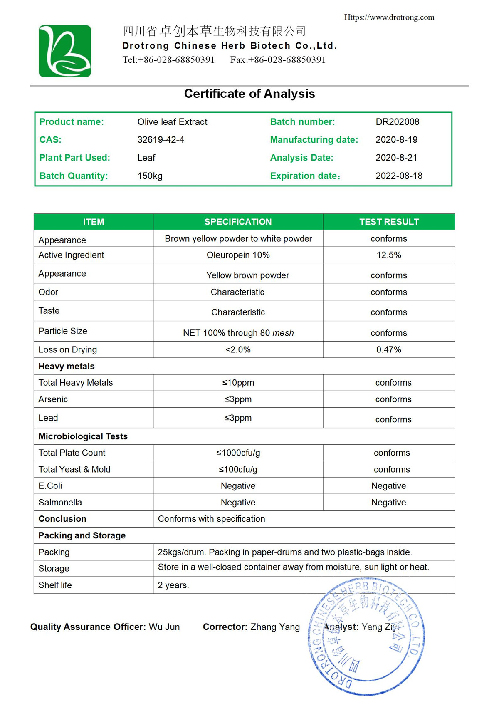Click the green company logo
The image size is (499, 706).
65,51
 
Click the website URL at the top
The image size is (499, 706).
389,17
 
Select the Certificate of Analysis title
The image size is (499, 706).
249,94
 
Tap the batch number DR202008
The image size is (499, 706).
397,122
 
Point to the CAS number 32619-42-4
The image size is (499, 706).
161,140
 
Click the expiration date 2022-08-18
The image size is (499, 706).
399,176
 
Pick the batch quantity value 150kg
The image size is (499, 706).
150,176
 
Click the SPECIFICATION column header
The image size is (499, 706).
238,222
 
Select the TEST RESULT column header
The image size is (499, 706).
389,222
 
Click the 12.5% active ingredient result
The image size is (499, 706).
389,255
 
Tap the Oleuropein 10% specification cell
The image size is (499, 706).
238,255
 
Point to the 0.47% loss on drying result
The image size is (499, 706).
389,350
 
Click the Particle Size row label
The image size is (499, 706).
63,331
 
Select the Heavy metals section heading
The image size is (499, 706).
67,367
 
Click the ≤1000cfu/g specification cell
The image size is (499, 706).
238,453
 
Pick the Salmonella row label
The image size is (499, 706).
60,503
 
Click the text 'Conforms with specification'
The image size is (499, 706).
211,519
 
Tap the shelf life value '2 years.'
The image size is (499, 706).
173,585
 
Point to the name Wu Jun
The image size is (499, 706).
164,627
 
